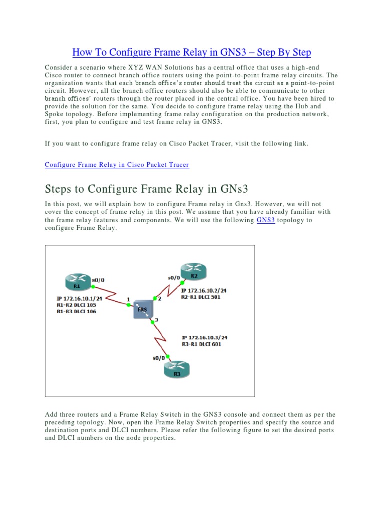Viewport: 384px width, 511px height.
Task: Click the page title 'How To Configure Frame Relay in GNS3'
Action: pos(192,52)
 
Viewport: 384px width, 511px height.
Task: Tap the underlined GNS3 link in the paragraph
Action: pos(266,220)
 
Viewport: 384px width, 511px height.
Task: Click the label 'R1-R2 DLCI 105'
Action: pos(77,305)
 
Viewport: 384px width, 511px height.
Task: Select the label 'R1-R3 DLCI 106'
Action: pos(77,311)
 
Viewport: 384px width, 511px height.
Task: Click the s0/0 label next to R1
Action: pos(98,281)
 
